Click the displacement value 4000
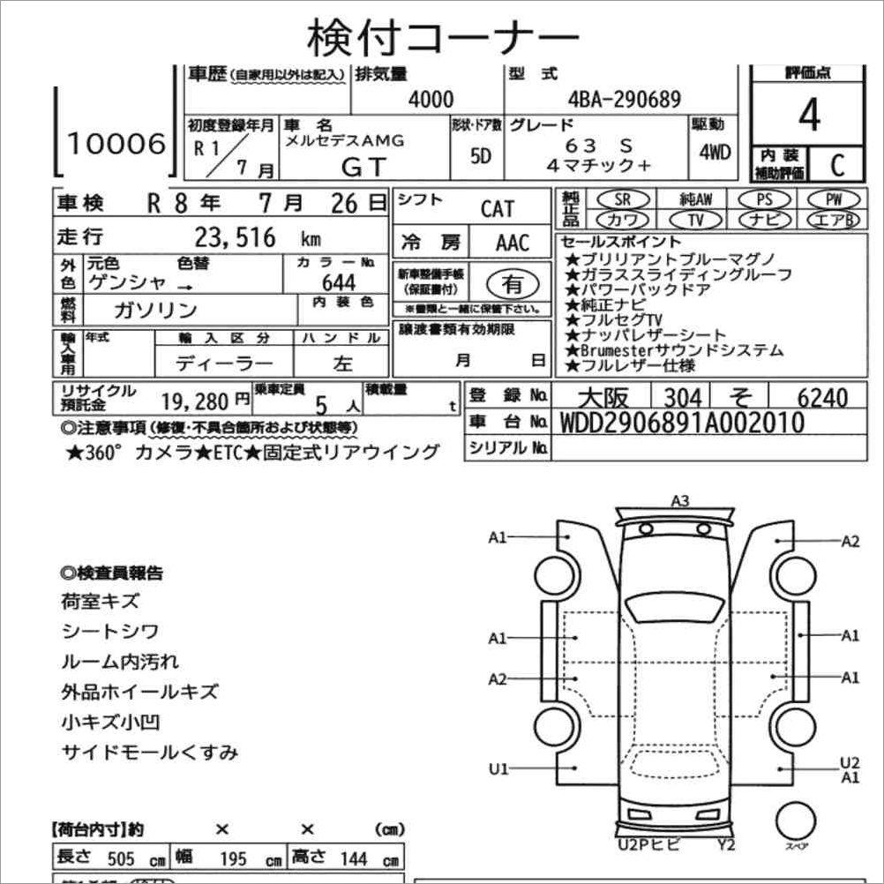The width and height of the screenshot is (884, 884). click(x=431, y=100)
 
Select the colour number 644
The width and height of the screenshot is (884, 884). click(x=338, y=282)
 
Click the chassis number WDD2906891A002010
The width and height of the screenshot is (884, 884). click(x=682, y=423)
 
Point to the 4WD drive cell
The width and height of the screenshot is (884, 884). click(x=715, y=152)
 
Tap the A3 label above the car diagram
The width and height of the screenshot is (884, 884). click(x=679, y=501)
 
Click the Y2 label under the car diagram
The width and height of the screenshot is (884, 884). click(x=726, y=844)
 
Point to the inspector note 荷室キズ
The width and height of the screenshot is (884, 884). click(x=101, y=602)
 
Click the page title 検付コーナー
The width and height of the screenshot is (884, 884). click(x=443, y=37)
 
